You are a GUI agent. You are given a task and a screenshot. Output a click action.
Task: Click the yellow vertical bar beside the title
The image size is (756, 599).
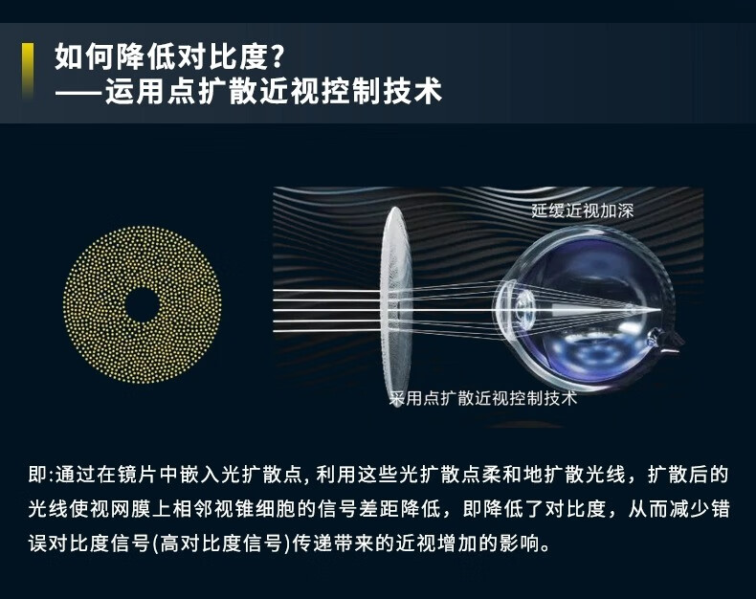[x=28, y=71]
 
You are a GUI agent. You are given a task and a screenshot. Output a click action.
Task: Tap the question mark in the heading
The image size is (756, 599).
[x=277, y=56]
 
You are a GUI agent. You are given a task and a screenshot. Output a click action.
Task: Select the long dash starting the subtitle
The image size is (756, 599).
[x=79, y=91]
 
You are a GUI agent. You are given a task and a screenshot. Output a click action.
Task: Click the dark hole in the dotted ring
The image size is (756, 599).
[x=143, y=305]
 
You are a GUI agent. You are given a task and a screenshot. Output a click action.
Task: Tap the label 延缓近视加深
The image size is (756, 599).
[x=582, y=211]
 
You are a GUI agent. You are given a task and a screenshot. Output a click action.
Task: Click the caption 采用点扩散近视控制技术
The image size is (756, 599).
[x=483, y=398]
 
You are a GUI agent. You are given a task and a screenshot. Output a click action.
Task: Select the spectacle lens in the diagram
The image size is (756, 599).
[x=396, y=306]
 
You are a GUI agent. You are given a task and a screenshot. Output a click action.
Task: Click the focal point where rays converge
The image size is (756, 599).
[x=659, y=309]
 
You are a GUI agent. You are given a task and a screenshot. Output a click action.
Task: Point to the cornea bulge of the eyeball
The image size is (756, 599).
[x=501, y=309]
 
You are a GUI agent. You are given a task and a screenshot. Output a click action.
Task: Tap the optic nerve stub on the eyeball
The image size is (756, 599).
[x=664, y=338]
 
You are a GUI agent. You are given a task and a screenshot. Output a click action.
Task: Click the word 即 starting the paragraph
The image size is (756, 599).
[x=37, y=475]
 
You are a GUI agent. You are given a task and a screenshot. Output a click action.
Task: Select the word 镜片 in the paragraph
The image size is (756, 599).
[x=137, y=475]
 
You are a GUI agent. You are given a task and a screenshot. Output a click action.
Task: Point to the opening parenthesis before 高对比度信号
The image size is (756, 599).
[x=156, y=544]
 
